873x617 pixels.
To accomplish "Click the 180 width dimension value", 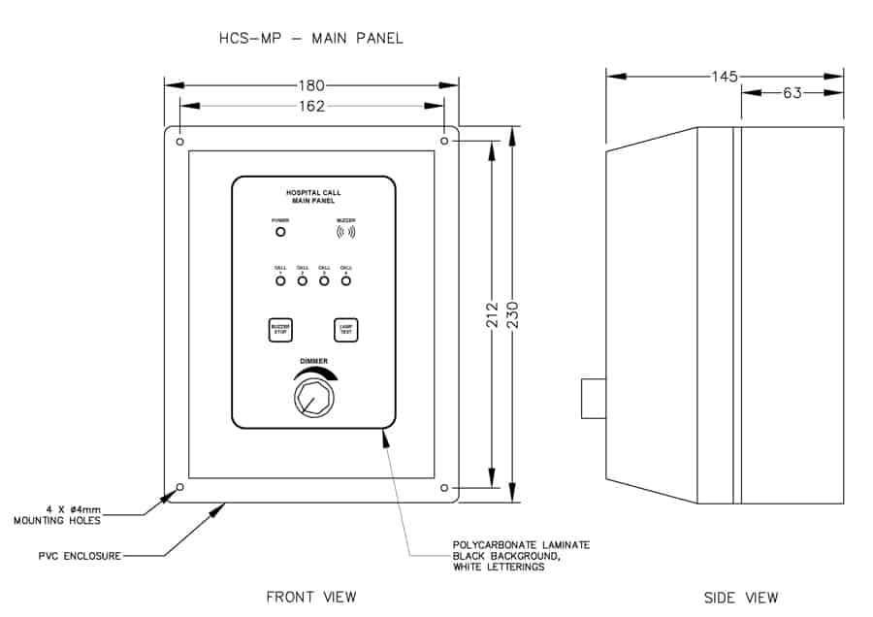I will click(311, 85).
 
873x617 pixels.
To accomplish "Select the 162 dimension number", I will click(311, 106).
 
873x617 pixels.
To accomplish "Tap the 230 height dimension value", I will click(513, 317).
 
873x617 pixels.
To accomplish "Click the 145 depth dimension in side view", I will click(724, 76).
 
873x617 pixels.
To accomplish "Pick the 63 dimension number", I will click(792, 94).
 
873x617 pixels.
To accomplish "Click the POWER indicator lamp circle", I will click(280, 232).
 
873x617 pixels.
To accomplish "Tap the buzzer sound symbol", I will click(345, 232).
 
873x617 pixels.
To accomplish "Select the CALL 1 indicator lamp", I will click(280, 281).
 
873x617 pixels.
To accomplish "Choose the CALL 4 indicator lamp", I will click(345, 281).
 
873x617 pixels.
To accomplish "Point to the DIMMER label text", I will click(312, 362).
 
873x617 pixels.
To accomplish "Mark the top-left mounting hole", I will click(179, 142).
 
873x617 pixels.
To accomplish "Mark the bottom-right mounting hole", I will click(444, 487).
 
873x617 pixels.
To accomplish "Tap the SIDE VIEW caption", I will click(740, 597).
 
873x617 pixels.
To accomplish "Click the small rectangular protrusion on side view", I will click(594, 399).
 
